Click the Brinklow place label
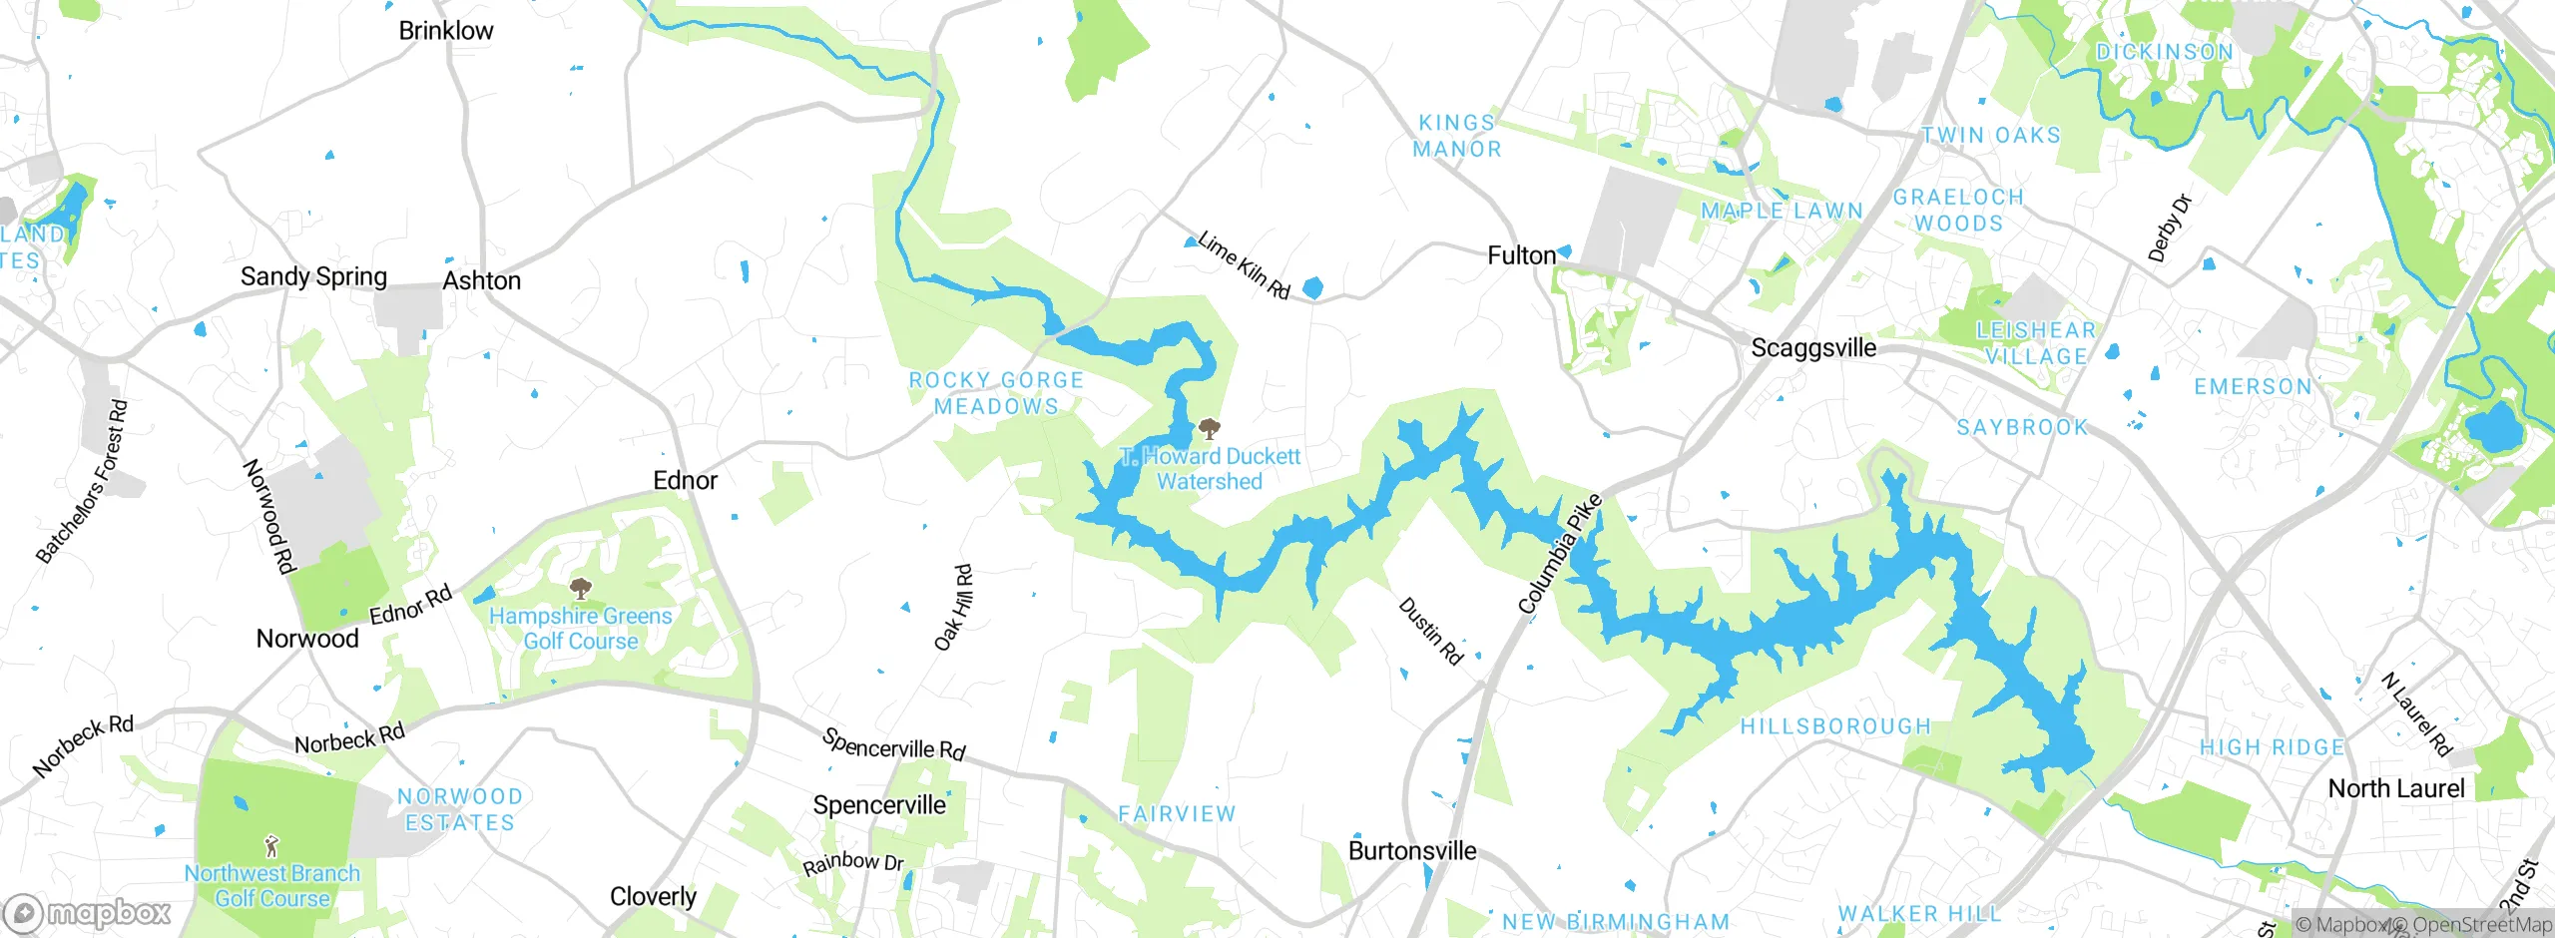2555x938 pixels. click(x=446, y=31)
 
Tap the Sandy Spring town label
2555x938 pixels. click(x=313, y=276)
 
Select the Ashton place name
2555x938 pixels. click(x=482, y=280)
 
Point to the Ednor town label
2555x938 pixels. click(x=685, y=480)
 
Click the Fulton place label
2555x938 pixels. click(x=1521, y=255)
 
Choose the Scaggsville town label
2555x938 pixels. click(x=1813, y=348)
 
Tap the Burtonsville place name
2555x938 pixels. click(x=1412, y=851)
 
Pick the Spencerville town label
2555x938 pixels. click(x=879, y=805)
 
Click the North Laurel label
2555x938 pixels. click(x=2396, y=788)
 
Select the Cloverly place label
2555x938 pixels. click(x=654, y=896)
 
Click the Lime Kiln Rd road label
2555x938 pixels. click(x=1244, y=265)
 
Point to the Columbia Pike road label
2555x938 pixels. click(x=1560, y=554)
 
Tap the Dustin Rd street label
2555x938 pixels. click(x=1430, y=631)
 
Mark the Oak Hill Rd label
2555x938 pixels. click(x=953, y=608)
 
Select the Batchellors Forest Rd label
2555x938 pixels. click(x=83, y=482)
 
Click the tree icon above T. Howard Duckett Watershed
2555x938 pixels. click(x=1210, y=430)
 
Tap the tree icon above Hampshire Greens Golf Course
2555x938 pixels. click(x=580, y=589)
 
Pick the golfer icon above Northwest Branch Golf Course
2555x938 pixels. click(x=271, y=847)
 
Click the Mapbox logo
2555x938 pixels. click(x=88, y=913)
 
